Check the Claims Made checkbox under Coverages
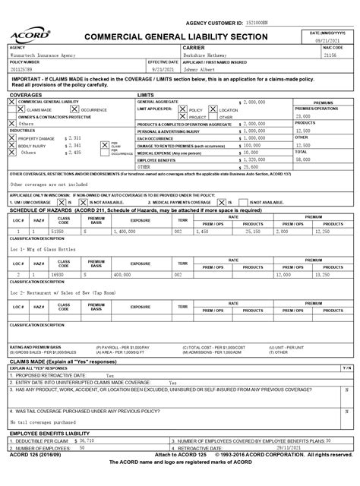pos(21,109)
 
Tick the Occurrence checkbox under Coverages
pos(75,109)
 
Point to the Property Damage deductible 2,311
pos(74,137)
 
